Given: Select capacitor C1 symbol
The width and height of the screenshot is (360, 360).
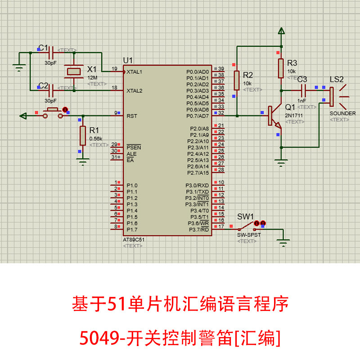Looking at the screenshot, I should click(x=50, y=53).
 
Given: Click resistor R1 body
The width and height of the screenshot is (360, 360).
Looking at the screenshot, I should click(x=82, y=135).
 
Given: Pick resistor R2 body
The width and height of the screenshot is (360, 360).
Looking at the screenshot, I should click(x=236, y=81).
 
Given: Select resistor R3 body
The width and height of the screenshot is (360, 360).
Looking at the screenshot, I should click(x=281, y=68).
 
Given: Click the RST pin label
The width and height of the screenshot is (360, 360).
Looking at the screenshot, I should click(x=132, y=116).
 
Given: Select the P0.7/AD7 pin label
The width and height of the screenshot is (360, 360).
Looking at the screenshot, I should click(x=198, y=116).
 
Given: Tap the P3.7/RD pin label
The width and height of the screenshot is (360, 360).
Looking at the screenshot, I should click(x=198, y=229).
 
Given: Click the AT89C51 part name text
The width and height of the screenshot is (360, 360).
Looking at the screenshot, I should click(x=134, y=240).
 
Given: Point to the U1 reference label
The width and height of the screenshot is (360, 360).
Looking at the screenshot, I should click(x=128, y=61).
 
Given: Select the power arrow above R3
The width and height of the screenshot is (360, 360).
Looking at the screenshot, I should click(x=281, y=31).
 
